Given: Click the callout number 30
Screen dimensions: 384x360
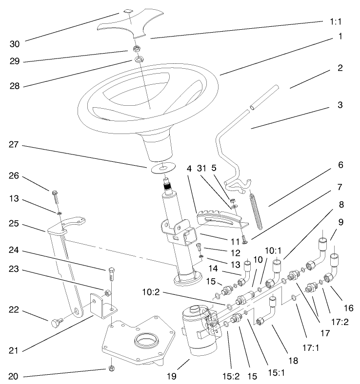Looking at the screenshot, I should [x=15, y=44].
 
